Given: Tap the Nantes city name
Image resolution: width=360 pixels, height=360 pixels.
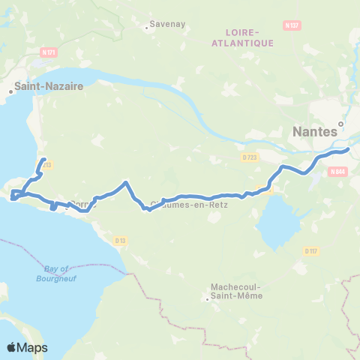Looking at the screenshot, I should [x=313, y=133].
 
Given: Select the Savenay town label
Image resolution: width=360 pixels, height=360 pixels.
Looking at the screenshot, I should [x=163, y=24].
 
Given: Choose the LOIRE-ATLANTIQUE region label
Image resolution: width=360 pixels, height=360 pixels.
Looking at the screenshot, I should [x=250, y=37].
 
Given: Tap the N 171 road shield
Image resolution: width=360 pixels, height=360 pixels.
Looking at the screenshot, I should [x=49, y=52].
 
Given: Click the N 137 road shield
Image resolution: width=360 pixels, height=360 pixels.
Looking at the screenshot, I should [x=292, y=25].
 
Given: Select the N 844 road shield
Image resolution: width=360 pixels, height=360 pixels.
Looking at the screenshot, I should [x=337, y=171].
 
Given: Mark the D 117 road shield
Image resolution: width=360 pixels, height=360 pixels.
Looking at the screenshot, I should [x=312, y=250].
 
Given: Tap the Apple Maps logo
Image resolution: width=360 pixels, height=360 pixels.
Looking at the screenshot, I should [x=27, y=347].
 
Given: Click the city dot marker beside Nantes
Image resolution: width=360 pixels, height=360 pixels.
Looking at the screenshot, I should [x=340, y=124].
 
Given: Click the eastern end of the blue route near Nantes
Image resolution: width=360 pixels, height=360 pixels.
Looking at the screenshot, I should [x=349, y=149].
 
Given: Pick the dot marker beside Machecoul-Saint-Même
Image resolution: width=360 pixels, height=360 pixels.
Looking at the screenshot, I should [x=208, y=300].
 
